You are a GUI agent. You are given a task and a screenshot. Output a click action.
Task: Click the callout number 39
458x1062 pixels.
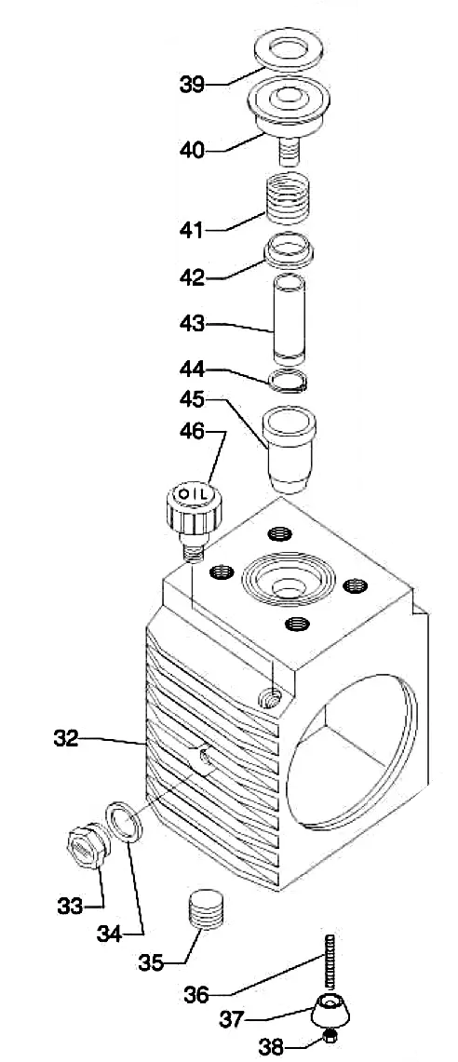coord(192,85)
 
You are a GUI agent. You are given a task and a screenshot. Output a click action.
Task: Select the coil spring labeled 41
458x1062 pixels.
coord(288,197)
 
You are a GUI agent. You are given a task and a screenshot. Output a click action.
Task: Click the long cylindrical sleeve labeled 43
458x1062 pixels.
coord(289,318)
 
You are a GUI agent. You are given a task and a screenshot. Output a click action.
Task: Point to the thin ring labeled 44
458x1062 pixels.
coord(288,382)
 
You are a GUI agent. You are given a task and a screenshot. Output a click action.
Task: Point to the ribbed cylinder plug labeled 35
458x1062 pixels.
coord(205,909)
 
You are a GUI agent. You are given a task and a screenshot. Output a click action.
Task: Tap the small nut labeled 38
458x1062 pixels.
coord(330,1035)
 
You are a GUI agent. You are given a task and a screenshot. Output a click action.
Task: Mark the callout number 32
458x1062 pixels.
coord(66,737)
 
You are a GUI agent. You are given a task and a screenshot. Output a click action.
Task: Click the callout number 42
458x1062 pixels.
coord(192,277)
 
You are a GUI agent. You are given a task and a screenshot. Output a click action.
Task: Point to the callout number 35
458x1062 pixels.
coord(152,962)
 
